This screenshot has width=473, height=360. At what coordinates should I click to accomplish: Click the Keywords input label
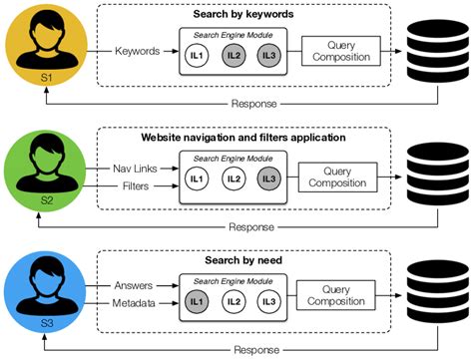click(138, 50)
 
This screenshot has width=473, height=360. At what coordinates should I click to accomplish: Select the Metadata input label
click(135, 304)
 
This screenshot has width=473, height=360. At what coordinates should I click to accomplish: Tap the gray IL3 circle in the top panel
click(267, 56)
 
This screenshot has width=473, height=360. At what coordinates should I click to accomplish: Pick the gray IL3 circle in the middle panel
click(267, 179)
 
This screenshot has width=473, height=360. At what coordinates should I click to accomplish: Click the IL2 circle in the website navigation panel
click(234, 179)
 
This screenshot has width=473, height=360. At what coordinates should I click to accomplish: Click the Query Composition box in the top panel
click(335, 51)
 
